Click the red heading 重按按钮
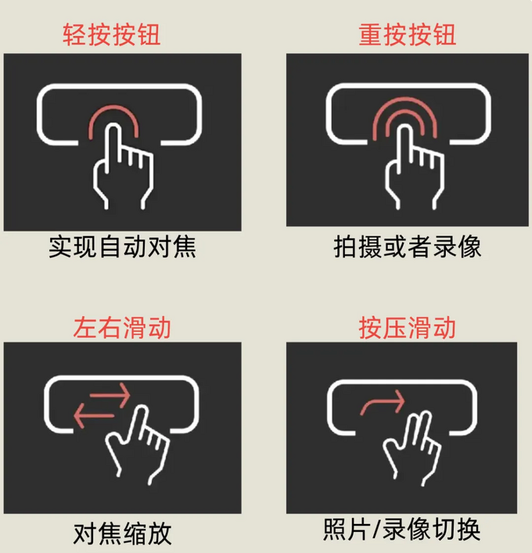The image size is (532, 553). click(x=407, y=34)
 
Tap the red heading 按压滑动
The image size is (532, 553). click(x=407, y=325)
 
